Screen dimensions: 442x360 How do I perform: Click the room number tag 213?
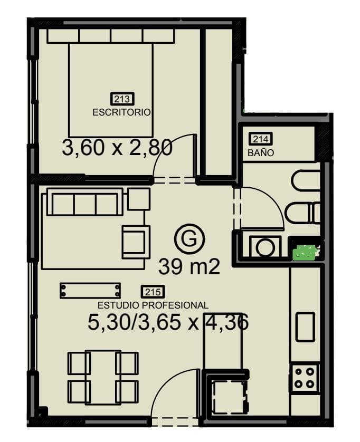[x=122, y=99]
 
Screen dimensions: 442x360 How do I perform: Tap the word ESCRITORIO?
[x=122, y=112]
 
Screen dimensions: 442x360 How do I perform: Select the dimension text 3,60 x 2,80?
[x=117, y=148]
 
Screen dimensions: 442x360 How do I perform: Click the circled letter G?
[x=189, y=239]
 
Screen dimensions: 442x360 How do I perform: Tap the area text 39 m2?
[x=188, y=267]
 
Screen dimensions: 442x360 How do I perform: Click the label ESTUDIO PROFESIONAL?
[x=153, y=305]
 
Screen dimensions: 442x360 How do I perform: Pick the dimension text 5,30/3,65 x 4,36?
[x=167, y=322]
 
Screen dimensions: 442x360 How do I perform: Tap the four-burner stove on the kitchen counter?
[x=305, y=377]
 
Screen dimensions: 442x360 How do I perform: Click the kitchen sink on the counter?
[x=305, y=326]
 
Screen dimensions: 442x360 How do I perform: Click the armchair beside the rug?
[x=136, y=242]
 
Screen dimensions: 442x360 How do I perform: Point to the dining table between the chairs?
[x=103, y=377]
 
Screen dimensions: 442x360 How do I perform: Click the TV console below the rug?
[x=90, y=291]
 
